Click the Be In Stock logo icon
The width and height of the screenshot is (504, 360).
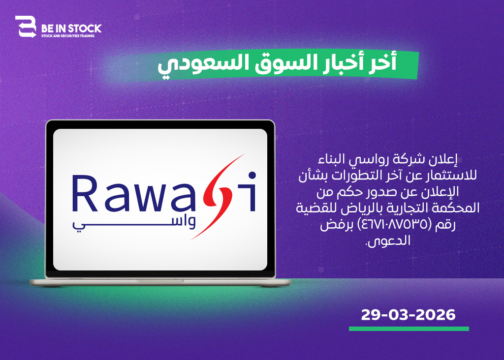26,27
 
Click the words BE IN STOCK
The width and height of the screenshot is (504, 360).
71,29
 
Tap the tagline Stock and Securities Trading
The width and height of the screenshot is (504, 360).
68,36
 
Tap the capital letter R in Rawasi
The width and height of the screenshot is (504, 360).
85,193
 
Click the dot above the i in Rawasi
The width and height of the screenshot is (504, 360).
252,175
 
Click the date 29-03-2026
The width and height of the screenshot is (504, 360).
408,315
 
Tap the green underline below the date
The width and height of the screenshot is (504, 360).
409,329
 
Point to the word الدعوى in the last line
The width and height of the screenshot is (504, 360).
388,241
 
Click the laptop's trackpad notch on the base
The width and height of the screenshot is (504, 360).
160,281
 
